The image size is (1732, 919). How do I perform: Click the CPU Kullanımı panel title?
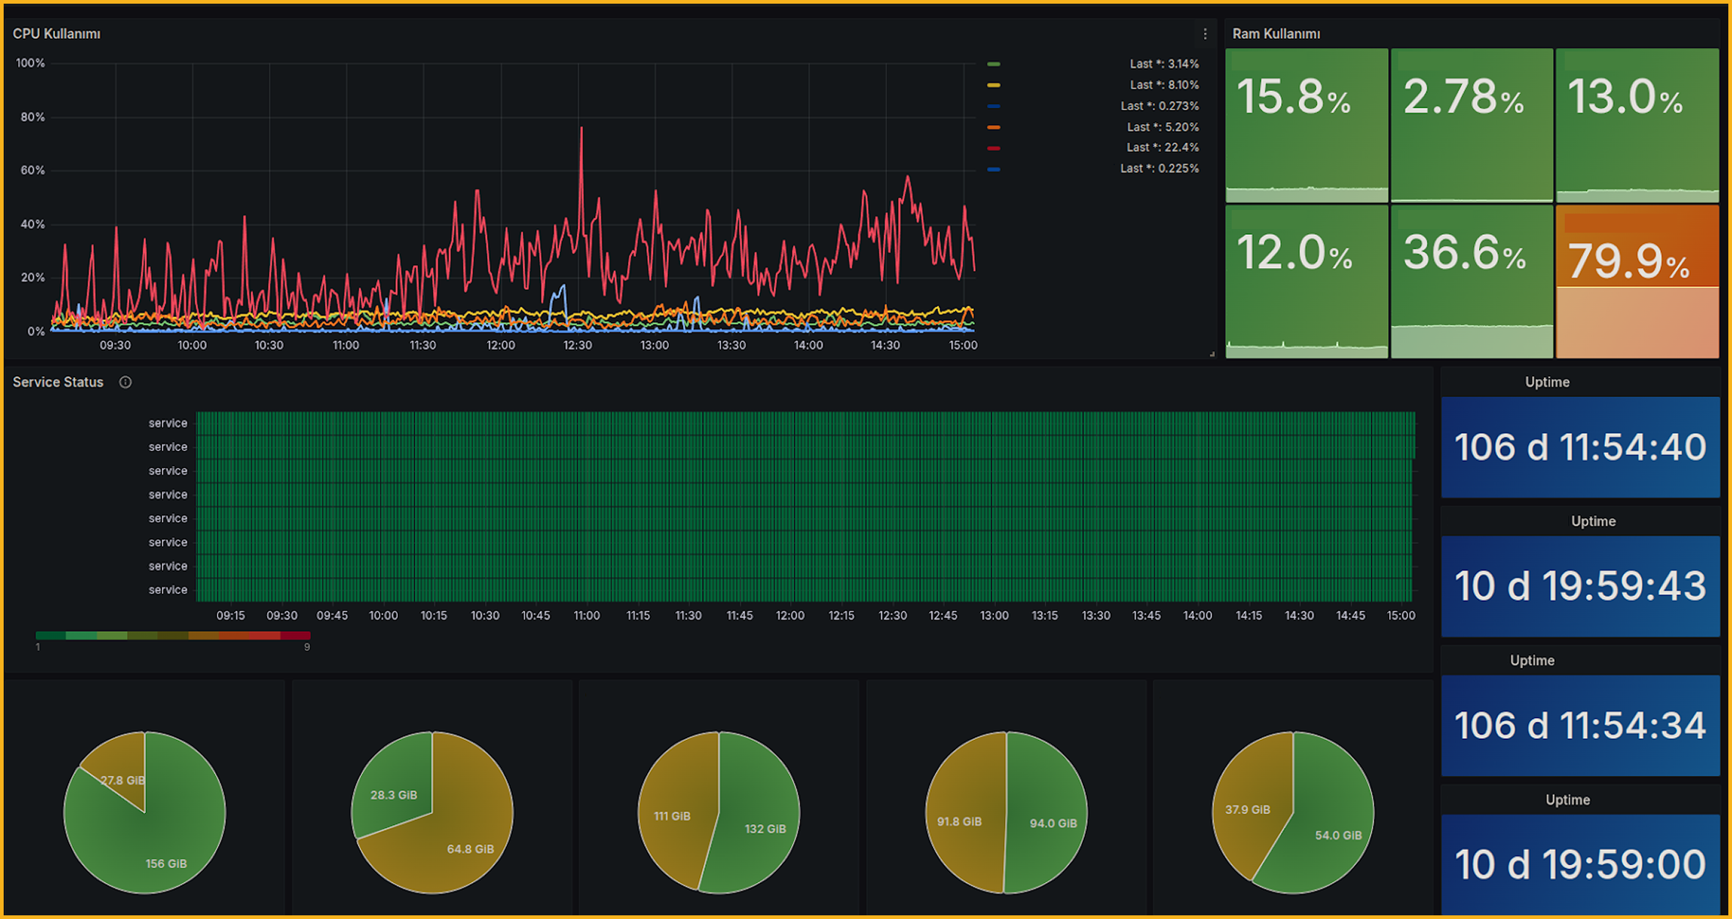56,34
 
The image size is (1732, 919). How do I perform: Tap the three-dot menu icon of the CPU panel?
1205,34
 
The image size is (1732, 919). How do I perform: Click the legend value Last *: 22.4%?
1162,148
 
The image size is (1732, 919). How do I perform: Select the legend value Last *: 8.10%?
1163,85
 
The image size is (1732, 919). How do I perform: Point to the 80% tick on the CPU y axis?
32,117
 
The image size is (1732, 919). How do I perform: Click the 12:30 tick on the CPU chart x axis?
577,345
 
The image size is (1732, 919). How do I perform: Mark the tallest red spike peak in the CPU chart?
582,129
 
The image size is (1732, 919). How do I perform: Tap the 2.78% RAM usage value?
1463,98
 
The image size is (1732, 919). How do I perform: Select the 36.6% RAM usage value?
1464,253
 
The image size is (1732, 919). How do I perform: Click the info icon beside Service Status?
125,382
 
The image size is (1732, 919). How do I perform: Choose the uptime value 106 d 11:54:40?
1579,447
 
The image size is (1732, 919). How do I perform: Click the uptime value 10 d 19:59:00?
1579,865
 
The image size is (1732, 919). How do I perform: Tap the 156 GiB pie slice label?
166,864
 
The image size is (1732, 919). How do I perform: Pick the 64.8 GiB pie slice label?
470,849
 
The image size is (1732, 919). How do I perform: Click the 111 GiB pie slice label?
672,816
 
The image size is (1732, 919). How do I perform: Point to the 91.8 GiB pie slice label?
959,821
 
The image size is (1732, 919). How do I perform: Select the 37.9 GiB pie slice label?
1247,810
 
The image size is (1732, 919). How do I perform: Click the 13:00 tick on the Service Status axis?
994,616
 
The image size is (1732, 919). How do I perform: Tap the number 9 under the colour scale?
307,647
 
